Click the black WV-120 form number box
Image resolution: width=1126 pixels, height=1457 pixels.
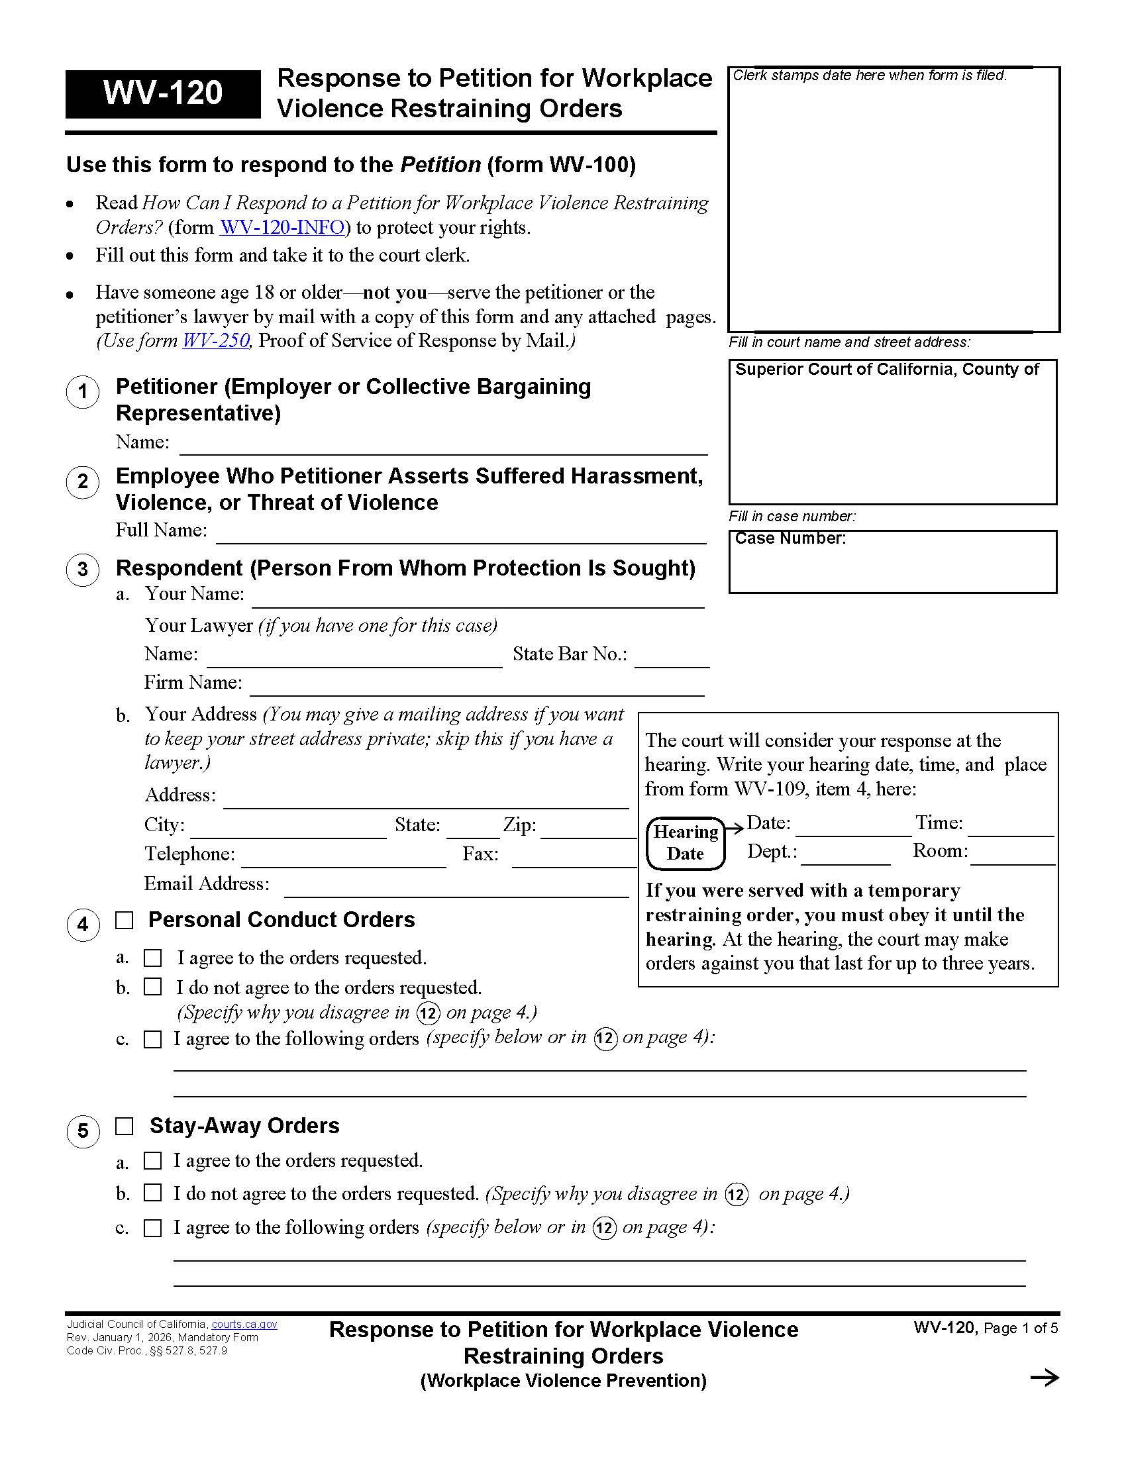[x=163, y=93]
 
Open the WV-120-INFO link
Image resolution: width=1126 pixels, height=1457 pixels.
[x=282, y=227]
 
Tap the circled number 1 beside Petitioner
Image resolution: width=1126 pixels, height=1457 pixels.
[x=83, y=391]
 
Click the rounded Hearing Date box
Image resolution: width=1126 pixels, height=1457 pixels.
[x=686, y=843]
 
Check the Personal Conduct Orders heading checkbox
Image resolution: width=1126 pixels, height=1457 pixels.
[x=125, y=921]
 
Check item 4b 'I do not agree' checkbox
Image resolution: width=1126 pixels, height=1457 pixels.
[x=154, y=987]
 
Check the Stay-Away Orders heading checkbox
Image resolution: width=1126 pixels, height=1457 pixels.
[x=125, y=1127]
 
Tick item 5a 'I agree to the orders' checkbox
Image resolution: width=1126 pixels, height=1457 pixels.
[x=154, y=1161]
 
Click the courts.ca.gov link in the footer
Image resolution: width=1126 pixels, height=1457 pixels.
[x=244, y=1325]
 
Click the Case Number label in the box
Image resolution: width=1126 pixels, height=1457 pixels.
[x=790, y=538]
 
